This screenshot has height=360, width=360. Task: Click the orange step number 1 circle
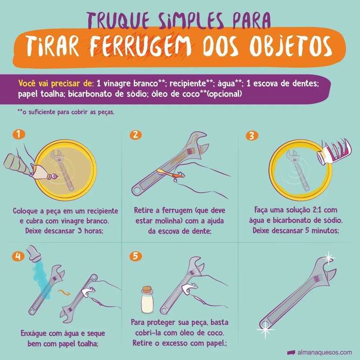click(x=19, y=134)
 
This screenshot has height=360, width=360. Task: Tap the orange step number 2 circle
click(x=135, y=135)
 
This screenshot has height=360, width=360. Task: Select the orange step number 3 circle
click(x=252, y=135)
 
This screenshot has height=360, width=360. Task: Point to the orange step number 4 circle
click(x=18, y=256)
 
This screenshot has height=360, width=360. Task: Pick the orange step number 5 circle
click(x=135, y=256)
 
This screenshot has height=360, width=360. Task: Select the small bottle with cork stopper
click(x=147, y=300)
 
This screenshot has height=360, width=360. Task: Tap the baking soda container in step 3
click(x=333, y=152)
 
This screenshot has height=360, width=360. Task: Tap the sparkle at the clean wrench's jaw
click(x=329, y=258)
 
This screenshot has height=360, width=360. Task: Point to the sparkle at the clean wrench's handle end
click(x=265, y=330)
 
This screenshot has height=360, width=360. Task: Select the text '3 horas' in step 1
click(x=90, y=231)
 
